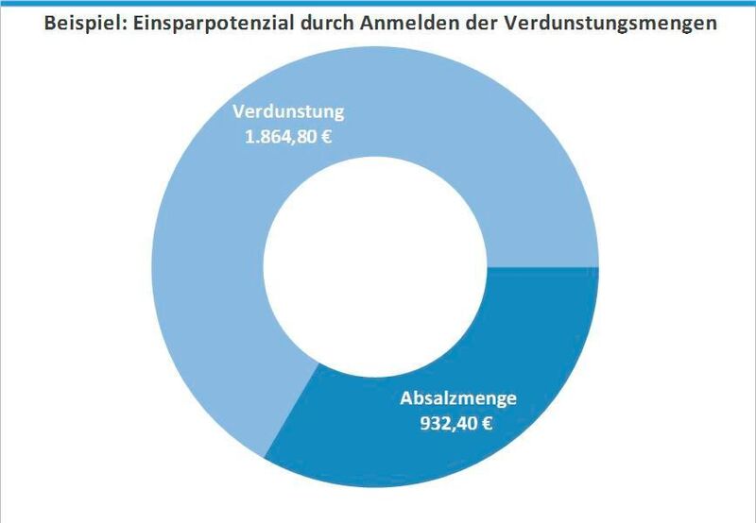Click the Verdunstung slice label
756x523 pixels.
pos(288,112)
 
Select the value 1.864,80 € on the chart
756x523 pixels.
pos(288,136)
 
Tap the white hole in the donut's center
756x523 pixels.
pos(375,268)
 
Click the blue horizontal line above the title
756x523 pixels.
pos(378,3)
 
